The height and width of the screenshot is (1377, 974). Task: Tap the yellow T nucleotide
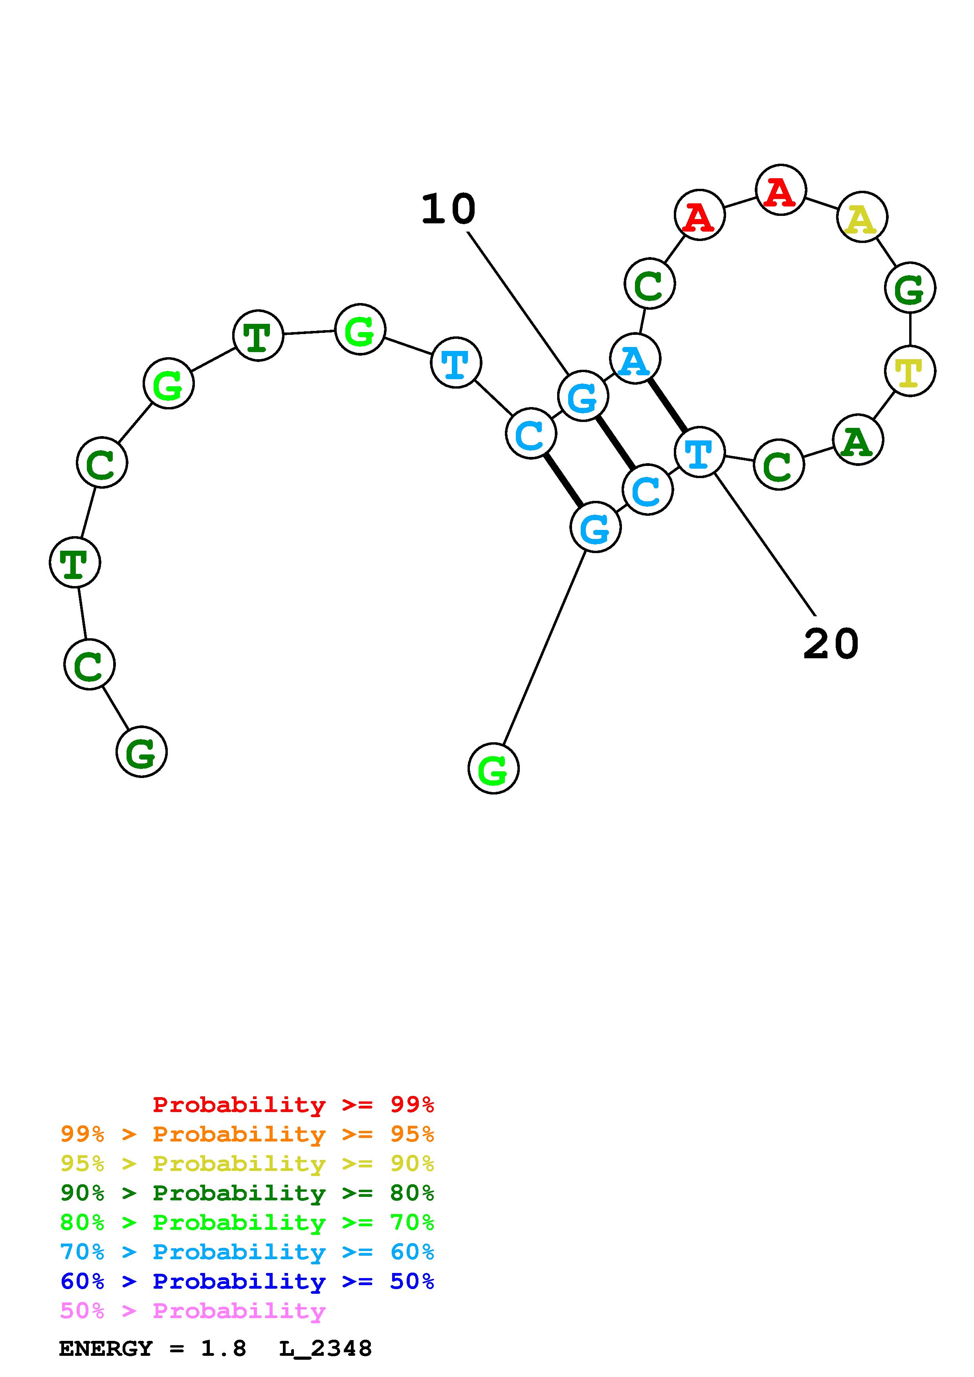910,371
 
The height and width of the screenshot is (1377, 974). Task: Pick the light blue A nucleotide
635,359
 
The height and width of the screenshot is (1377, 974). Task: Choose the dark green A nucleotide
858,440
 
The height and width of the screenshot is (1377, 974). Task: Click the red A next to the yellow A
780,190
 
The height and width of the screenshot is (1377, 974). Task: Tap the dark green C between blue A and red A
649,284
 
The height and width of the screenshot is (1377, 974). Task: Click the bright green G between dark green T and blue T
360,329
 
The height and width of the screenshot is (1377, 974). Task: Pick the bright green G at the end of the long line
493,769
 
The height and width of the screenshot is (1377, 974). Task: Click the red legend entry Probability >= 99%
293,1105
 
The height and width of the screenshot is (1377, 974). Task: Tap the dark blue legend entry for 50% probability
247,1282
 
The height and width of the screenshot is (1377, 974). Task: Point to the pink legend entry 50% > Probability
193,1311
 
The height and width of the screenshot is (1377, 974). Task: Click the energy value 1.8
223,1349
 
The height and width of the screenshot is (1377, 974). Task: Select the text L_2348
325,1349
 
